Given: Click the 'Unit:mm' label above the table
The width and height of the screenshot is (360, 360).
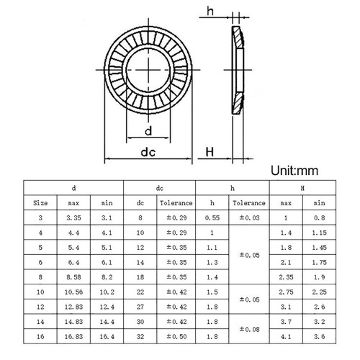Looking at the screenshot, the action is tap(294, 171).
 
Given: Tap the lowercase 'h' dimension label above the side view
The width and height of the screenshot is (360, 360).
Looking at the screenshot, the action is tap(210, 11).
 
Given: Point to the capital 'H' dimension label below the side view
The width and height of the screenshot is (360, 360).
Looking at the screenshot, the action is tap(210, 152).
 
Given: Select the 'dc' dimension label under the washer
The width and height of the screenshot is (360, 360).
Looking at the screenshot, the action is tap(148, 152).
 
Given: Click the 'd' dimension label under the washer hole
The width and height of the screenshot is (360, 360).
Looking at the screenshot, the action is tap(148, 131).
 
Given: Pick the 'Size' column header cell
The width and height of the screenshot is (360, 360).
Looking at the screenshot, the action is tap(40, 203).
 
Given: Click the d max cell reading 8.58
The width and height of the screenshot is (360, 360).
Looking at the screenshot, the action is tap(73, 277).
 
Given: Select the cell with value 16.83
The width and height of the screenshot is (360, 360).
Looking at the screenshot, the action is tap(73, 336).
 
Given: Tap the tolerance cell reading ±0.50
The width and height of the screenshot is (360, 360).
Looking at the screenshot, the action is tap(176, 336).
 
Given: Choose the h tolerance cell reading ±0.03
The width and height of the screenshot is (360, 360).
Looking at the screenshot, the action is tap(249, 217).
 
